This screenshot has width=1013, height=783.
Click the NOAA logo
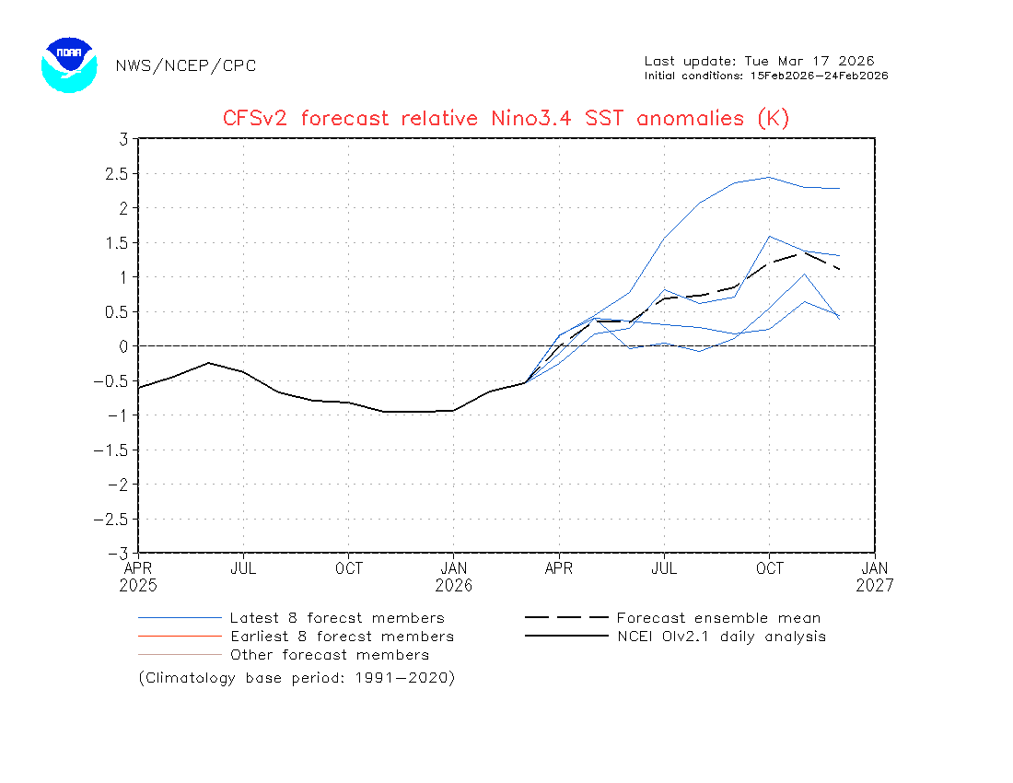tap(69, 64)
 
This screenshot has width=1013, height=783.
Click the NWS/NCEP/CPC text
tap(186, 65)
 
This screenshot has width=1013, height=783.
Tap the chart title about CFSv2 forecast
tap(506, 119)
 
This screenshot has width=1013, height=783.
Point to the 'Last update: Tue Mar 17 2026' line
tap(759, 61)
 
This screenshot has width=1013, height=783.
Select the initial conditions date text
tap(765, 76)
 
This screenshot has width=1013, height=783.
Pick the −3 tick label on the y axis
tap(118, 554)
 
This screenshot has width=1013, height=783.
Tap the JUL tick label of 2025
tap(243, 568)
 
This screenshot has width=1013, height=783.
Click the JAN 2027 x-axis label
tap(875, 577)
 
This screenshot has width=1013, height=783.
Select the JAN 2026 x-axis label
tap(453, 577)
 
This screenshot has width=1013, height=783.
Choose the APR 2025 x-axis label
tap(138, 577)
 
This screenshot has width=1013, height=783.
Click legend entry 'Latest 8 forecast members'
tap(336, 618)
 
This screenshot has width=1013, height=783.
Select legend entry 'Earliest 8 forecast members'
tap(341, 637)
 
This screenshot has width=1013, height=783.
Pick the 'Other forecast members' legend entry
tap(329, 655)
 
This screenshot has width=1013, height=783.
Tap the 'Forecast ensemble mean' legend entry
tap(717, 618)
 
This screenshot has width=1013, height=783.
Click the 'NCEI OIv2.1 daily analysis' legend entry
tap(720, 637)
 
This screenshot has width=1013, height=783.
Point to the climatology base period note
tap(297, 678)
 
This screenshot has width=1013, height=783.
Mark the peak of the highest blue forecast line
tap(770, 177)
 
